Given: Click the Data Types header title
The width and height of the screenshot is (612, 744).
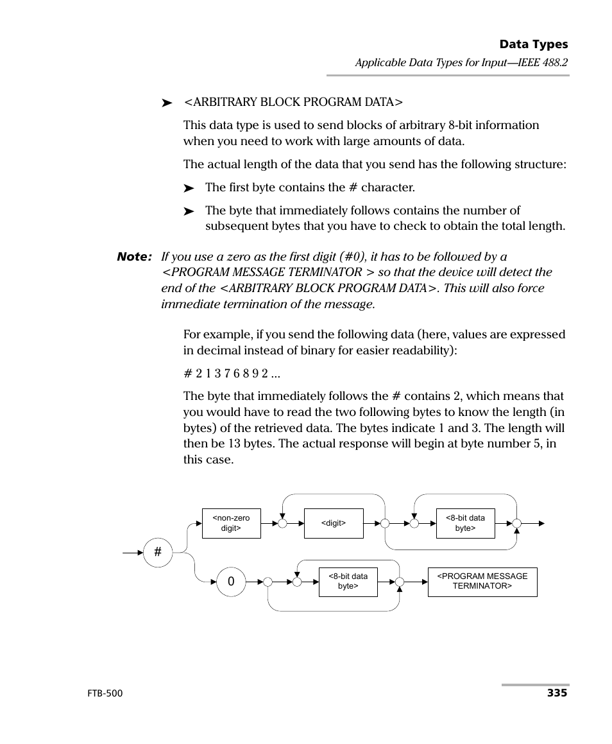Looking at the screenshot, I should pyautogui.click(x=533, y=44).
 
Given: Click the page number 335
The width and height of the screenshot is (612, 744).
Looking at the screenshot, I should pyautogui.click(x=557, y=693).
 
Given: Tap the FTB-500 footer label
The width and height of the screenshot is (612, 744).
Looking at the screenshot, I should pyautogui.click(x=104, y=693).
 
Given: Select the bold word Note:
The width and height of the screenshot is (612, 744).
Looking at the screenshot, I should pyautogui.click(x=134, y=257).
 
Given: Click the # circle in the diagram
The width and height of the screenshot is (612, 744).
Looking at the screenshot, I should pyautogui.click(x=158, y=553).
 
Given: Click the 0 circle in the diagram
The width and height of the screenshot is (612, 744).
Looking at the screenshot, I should pyautogui.click(x=231, y=582).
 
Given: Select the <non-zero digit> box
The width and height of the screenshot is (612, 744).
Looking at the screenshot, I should pyautogui.click(x=231, y=523).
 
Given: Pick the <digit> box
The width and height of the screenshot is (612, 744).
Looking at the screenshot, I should pyautogui.click(x=334, y=523).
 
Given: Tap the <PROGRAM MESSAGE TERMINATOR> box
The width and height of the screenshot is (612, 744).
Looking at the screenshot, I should pyautogui.click(x=482, y=582).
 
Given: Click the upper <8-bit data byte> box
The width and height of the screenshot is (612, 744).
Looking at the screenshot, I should pyautogui.click(x=465, y=523).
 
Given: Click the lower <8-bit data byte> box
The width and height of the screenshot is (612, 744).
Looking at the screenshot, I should pyautogui.click(x=348, y=582).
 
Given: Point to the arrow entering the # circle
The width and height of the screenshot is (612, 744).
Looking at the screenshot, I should pyautogui.click(x=133, y=553).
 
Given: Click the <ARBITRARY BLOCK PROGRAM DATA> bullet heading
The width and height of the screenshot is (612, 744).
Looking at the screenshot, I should pyautogui.click(x=293, y=102).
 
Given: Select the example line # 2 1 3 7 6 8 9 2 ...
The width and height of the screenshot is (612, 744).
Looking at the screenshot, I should pyautogui.click(x=232, y=374).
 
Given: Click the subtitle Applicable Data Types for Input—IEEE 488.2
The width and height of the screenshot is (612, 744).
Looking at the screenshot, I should pyautogui.click(x=462, y=63).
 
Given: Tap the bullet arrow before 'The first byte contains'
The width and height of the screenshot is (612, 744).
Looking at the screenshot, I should pyautogui.click(x=189, y=189).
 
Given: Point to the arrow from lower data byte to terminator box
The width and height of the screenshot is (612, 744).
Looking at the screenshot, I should pyautogui.click(x=416, y=582).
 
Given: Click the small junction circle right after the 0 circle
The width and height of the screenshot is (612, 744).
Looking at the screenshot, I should pyautogui.click(x=268, y=582).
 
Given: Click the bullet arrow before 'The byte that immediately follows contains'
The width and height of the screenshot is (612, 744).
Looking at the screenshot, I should pyautogui.click(x=189, y=211).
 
